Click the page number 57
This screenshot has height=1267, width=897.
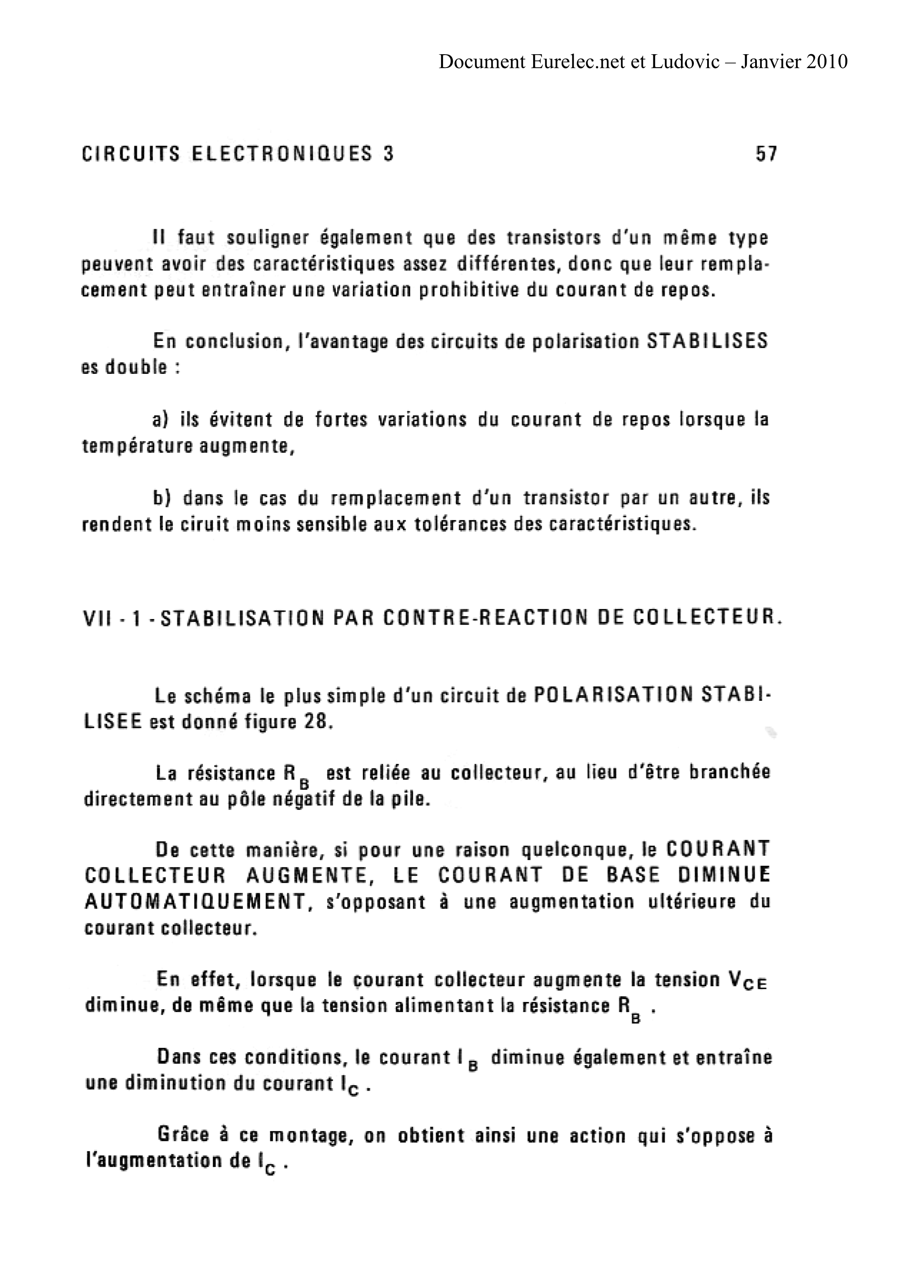pyautogui.click(x=766, y=154)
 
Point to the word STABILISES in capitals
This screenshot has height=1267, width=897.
pyautogui.click(x=707, y=341)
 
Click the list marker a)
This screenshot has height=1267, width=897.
pyautogui.click(x=160, y=420)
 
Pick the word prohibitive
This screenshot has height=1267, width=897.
pyautogui.click(x=469, y=290)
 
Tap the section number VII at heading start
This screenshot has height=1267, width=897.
pyautogui.click(x=98, y=617)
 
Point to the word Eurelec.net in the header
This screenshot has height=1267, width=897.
pyautogui.click(x=577, y=61)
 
